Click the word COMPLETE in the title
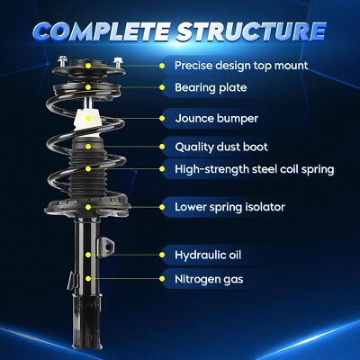pyautogui.click(x=103, y=31)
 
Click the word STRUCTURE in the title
pyautogui.click(x=251, y=31)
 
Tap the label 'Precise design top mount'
pyautogui.click(x=241, y=66)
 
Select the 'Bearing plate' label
pyautogui.click(x=211, y=87)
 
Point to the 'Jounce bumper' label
pyautogui.click(x=216, y=118)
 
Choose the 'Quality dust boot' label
pyautogui.click(x=221, y=147)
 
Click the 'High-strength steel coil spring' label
pyautogui.click(x=255, y=169)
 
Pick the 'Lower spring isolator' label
pyautogui.click(x=229, y=207)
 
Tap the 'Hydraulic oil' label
pyautogui.click(x=208, y=255)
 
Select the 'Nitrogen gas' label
pyautogui.click(x=209, y=279)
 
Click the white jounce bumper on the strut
pyautogui.click(x=87, y=120)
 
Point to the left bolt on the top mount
pyautogui.click(x=62, y=62)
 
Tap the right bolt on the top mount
pyautogui.click(x=117, y=63)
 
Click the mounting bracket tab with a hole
pyautogui.click(x=107, y=246)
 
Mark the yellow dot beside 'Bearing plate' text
pyautogui.click(x=162, y=87)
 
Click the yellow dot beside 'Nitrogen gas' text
pyautogui.click(x=162, y=279)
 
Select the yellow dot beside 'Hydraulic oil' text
pyautogui.click(x=162, y=255)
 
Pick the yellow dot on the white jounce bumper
pyautogui.click(x=88, y=118)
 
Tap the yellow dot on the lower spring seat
pyautogui.click(x=88, y=207)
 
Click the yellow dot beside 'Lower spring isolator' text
pyautogui.click(x=162, y=207)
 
